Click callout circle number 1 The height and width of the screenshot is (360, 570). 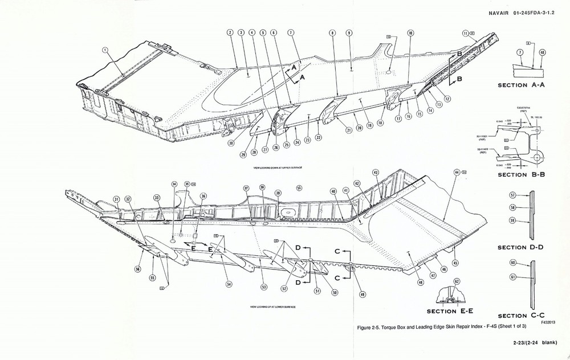tap(105, 50)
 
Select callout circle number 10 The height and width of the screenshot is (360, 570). tap(410, 34)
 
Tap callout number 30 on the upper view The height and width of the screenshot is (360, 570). tap(231, 144)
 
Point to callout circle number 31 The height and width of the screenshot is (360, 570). tap(116, 199)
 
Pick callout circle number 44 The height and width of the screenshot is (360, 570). tap(457, 172)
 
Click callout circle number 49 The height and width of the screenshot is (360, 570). tap(363, 294)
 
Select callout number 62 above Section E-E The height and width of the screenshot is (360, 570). tap(457, 281)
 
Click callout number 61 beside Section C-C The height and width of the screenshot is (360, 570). tap(512, 277)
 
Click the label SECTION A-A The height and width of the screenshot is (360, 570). tap(522, 85)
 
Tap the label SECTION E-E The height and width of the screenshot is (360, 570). tap(450, 311)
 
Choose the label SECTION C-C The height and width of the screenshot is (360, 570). tap(520, 316)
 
